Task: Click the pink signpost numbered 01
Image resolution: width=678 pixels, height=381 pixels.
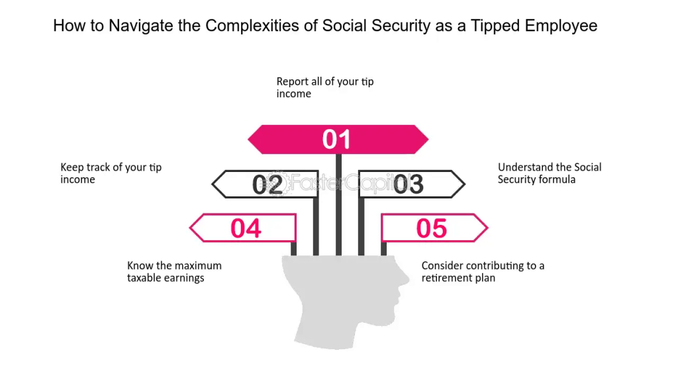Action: [x=338, y=140]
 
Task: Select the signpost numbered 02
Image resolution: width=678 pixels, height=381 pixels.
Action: [x=265, y=184]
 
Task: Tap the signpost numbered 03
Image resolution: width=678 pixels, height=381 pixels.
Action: [x=412, y=184]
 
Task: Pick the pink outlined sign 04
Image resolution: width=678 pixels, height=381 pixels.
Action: [x=243, y=228]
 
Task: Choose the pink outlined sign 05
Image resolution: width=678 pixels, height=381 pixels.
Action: [x=434, y=228]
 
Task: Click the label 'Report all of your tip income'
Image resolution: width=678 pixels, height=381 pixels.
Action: [x=324, y=88]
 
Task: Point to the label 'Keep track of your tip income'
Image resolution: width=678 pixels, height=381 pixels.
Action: [x=111, y=173]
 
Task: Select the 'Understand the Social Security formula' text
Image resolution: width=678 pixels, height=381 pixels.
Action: [x=549, y=173]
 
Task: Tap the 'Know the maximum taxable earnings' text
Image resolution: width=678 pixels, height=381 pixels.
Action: [x=174, y=272]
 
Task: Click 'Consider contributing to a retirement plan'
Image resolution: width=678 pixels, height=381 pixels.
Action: [x=483, y=272]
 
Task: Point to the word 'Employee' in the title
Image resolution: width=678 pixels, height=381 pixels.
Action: [x=561, y=26]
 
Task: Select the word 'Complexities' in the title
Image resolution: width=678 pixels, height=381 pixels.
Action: [x=252, y=26]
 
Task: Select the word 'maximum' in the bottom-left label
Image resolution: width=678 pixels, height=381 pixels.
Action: [x=198, y=266]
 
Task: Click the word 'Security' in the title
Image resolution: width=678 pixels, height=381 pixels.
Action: [x=401, y=26]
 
